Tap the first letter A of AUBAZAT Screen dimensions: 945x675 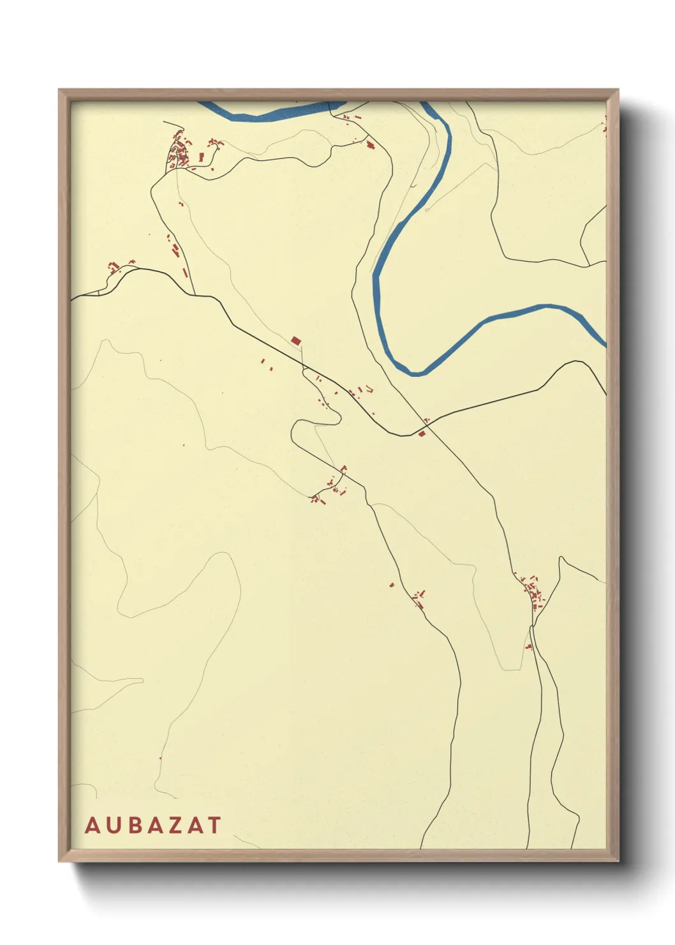(x=92, y=825)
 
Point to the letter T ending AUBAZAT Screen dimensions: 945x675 (x=214, y=825)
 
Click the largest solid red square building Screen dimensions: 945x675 (x=295, y=341)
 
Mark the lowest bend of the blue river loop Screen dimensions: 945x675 (x=415, y=372)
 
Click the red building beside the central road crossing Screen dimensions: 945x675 (x=421, y=434)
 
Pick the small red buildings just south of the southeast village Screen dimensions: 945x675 (x=529, y=647)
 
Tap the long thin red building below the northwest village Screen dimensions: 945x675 (x=185, y=273)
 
